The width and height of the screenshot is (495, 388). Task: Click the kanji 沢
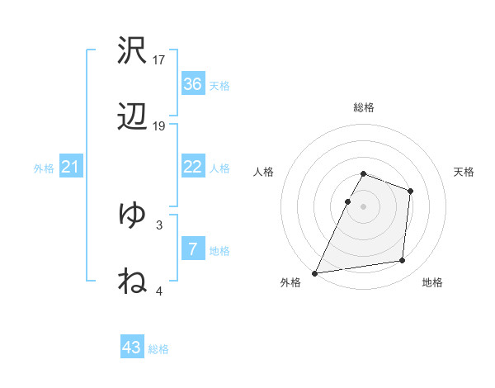[132, 51]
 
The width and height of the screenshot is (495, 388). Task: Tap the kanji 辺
[132, 117]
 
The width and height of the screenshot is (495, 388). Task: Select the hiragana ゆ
[132, 215]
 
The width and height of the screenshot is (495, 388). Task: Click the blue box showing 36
[192, 84]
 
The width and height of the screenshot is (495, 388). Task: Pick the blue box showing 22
[192, 167]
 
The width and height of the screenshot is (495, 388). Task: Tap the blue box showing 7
[192, 249]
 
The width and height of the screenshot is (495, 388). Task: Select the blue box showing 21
[70, 168]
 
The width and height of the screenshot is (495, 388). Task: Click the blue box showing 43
[132, 348]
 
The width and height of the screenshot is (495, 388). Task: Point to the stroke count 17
[159, 59]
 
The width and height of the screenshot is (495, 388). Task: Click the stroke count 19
[159, 125]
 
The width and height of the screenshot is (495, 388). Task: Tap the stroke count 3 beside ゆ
[159, 224]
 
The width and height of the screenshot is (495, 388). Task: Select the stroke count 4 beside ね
[159, 291]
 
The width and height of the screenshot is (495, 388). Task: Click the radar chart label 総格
[363, 107]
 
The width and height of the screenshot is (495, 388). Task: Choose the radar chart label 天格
[464, 172]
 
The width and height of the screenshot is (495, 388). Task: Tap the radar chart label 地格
[432, 282]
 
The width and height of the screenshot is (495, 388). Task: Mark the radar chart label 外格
[290, 282]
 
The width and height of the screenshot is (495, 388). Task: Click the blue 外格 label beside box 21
[43, 168]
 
